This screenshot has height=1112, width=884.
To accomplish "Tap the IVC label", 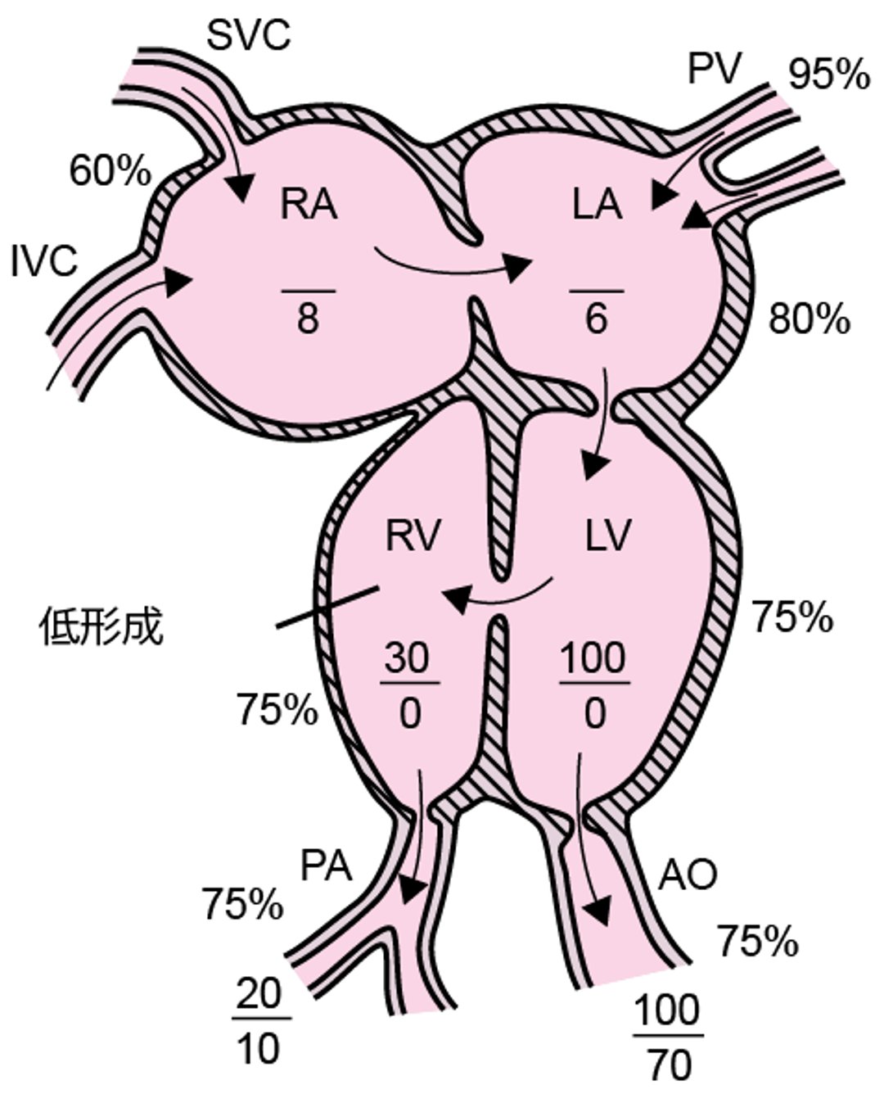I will (x=44, y=262).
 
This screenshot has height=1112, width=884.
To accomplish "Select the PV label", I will (x=714, y=69).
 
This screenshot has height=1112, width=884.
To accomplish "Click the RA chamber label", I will (x=309, y=205).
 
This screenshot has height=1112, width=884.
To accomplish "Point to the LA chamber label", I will (x=597, y=205).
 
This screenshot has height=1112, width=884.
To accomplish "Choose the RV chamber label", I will (x=413, y=537).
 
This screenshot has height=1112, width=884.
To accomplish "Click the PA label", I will (x=326, y=866).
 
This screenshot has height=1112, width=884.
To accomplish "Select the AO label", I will (x=688, y=875).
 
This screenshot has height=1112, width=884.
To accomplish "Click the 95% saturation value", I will (x=828, y=75).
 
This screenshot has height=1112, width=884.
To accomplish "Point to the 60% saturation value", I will (x=110, y=172).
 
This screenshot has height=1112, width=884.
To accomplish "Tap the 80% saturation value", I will (x=809, y=319).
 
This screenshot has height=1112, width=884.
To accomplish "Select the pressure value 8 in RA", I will (x=308, y=319).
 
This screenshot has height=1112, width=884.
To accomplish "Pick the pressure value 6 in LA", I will (x=597, y=319).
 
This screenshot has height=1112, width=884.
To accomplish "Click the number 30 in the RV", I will (x=408, y=658).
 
